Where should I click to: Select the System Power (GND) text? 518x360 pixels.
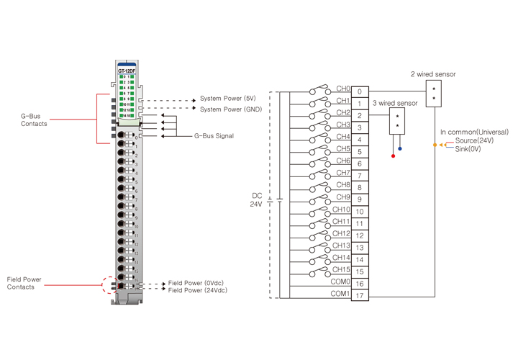click(x=231, y=109)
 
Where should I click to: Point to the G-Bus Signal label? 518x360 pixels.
click(x=214, y=135)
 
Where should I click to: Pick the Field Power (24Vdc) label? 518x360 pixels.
click(x=199, y=291)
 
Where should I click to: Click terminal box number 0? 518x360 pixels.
click(x=360, y=91)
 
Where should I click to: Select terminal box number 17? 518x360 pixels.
click(x=360, y=296)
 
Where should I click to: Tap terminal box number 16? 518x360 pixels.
click(x=360, y=284)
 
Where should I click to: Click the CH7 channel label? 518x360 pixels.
click(x=343, y=173)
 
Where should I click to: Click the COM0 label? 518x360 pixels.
click(x=340, y=282)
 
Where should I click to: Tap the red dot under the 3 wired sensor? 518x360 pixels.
click(x=393, y=156)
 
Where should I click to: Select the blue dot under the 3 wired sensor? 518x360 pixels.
click(x=400, y=149)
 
